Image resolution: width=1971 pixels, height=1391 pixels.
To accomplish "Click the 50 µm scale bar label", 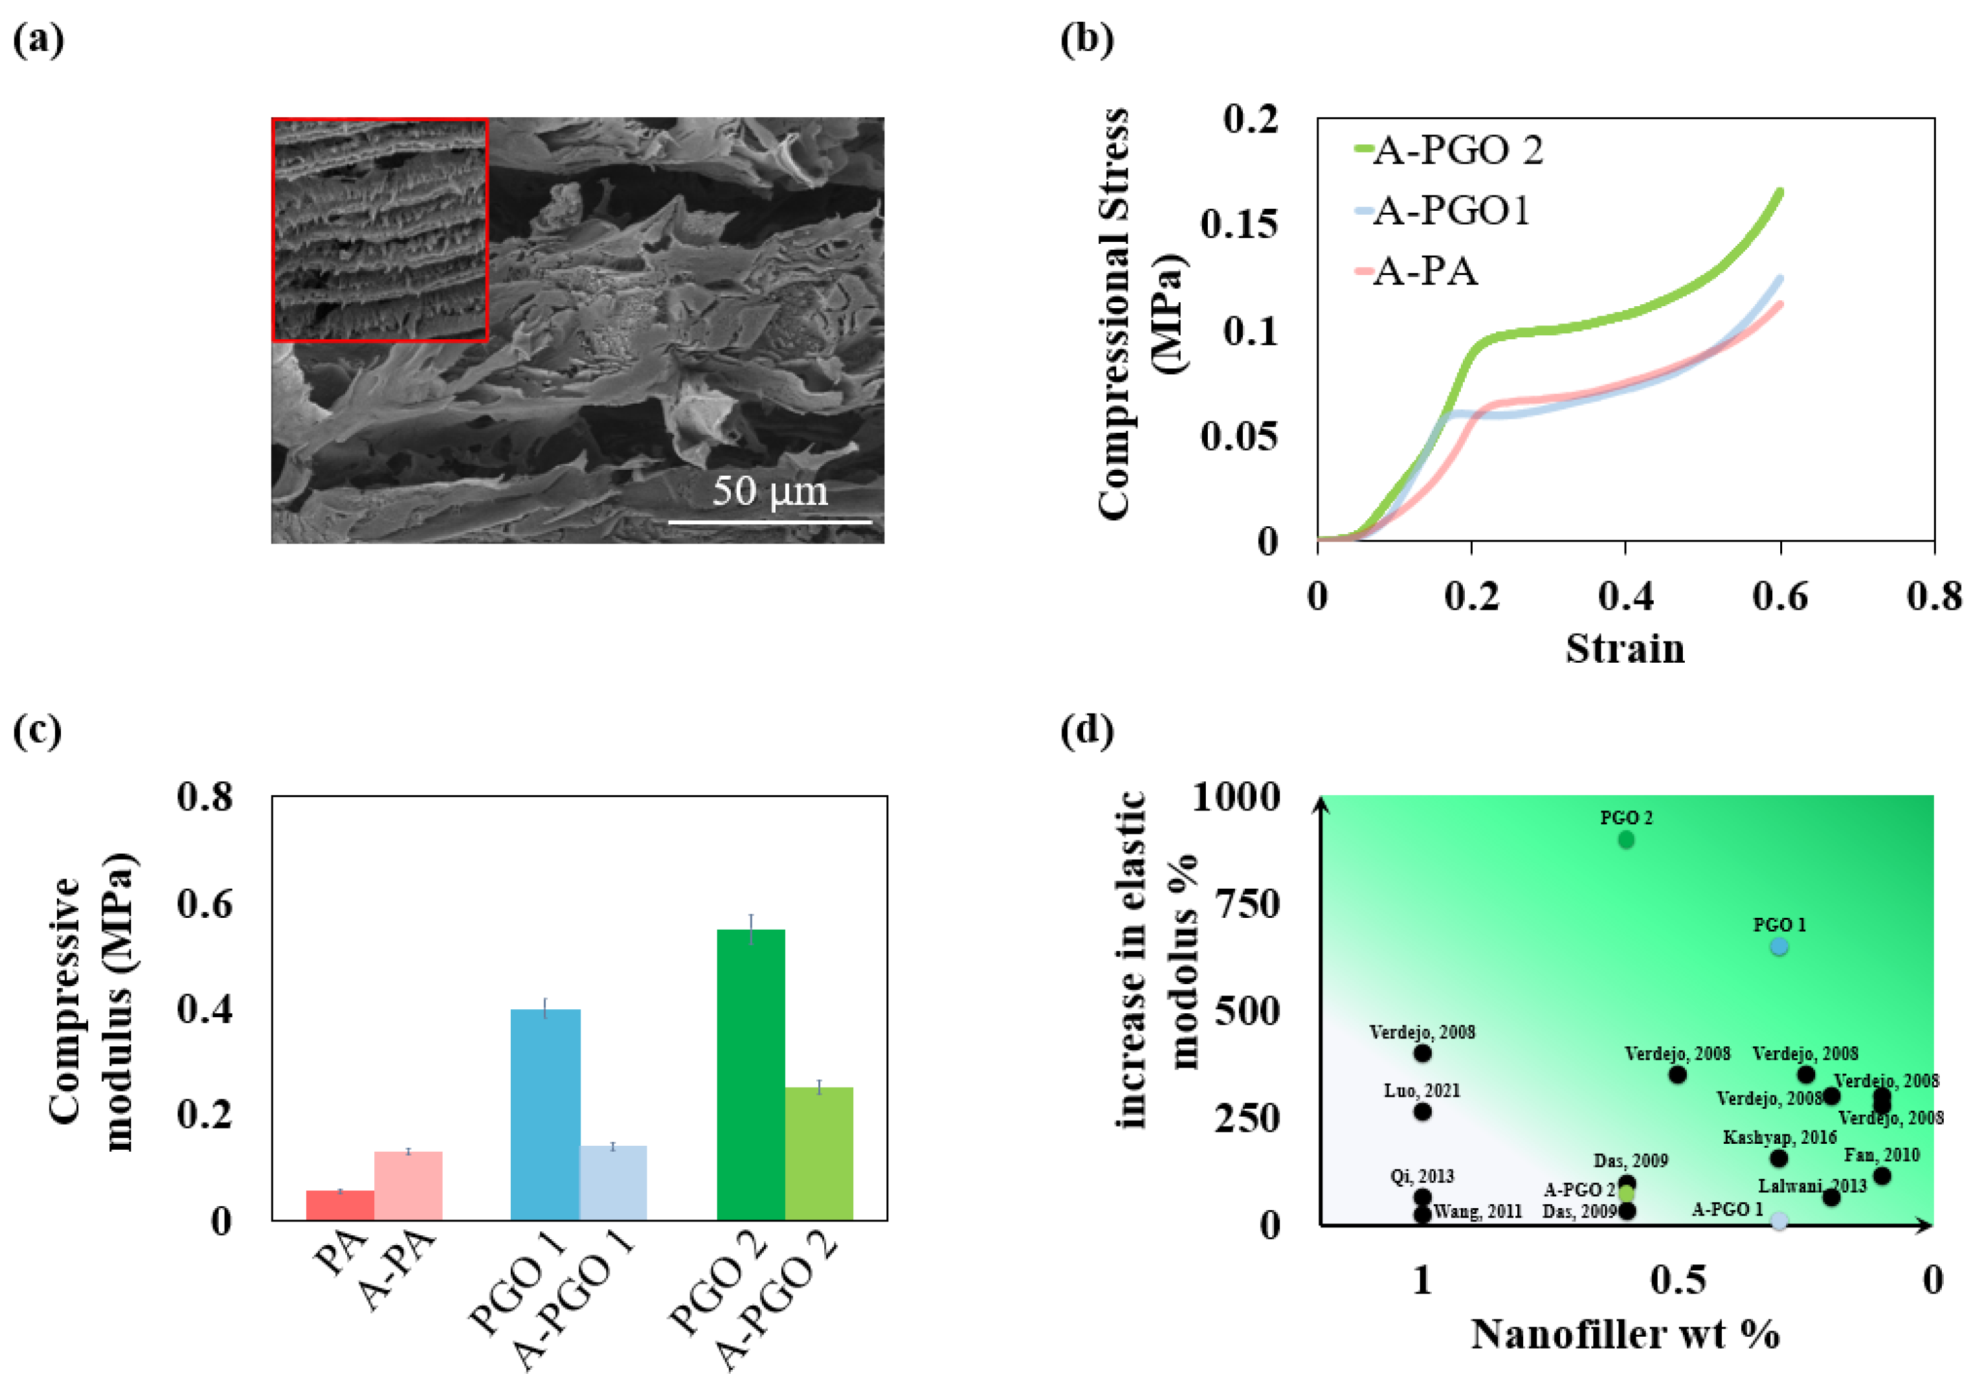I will pyautogui.click(x=769, y=492).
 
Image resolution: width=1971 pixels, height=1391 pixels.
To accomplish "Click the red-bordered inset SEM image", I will pyautogui.click(x=380, y=230).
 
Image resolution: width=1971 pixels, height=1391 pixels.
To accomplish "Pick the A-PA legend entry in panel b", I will pyautogui.click(x=1424, y=271).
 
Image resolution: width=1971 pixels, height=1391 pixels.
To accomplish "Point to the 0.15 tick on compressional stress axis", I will pyautogui.click(x=1239, y=224).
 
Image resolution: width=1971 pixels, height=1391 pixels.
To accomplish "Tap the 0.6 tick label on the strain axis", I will pyautogui.click(x=1780, y=596).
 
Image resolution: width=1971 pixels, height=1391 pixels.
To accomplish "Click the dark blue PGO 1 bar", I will pyautogui.click(x=545, y=1113).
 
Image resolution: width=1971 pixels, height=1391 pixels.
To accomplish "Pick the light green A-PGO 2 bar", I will pyautogui.click(x=819, y=1153).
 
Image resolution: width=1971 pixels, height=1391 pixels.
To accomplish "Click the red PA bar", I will pyautogui.click(x=340, y=1205).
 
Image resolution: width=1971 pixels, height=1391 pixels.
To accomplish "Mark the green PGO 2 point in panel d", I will pyautogui.click(x=1626, y=840).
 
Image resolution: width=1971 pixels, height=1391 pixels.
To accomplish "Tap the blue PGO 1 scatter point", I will pyautogui.click(x=1779, y=947).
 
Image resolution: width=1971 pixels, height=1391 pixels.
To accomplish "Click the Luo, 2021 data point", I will pyautogui.click(x=1422, y=1112).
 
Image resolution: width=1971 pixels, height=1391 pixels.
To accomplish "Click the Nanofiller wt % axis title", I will pyautogui.click(x=1625, y=1334).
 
